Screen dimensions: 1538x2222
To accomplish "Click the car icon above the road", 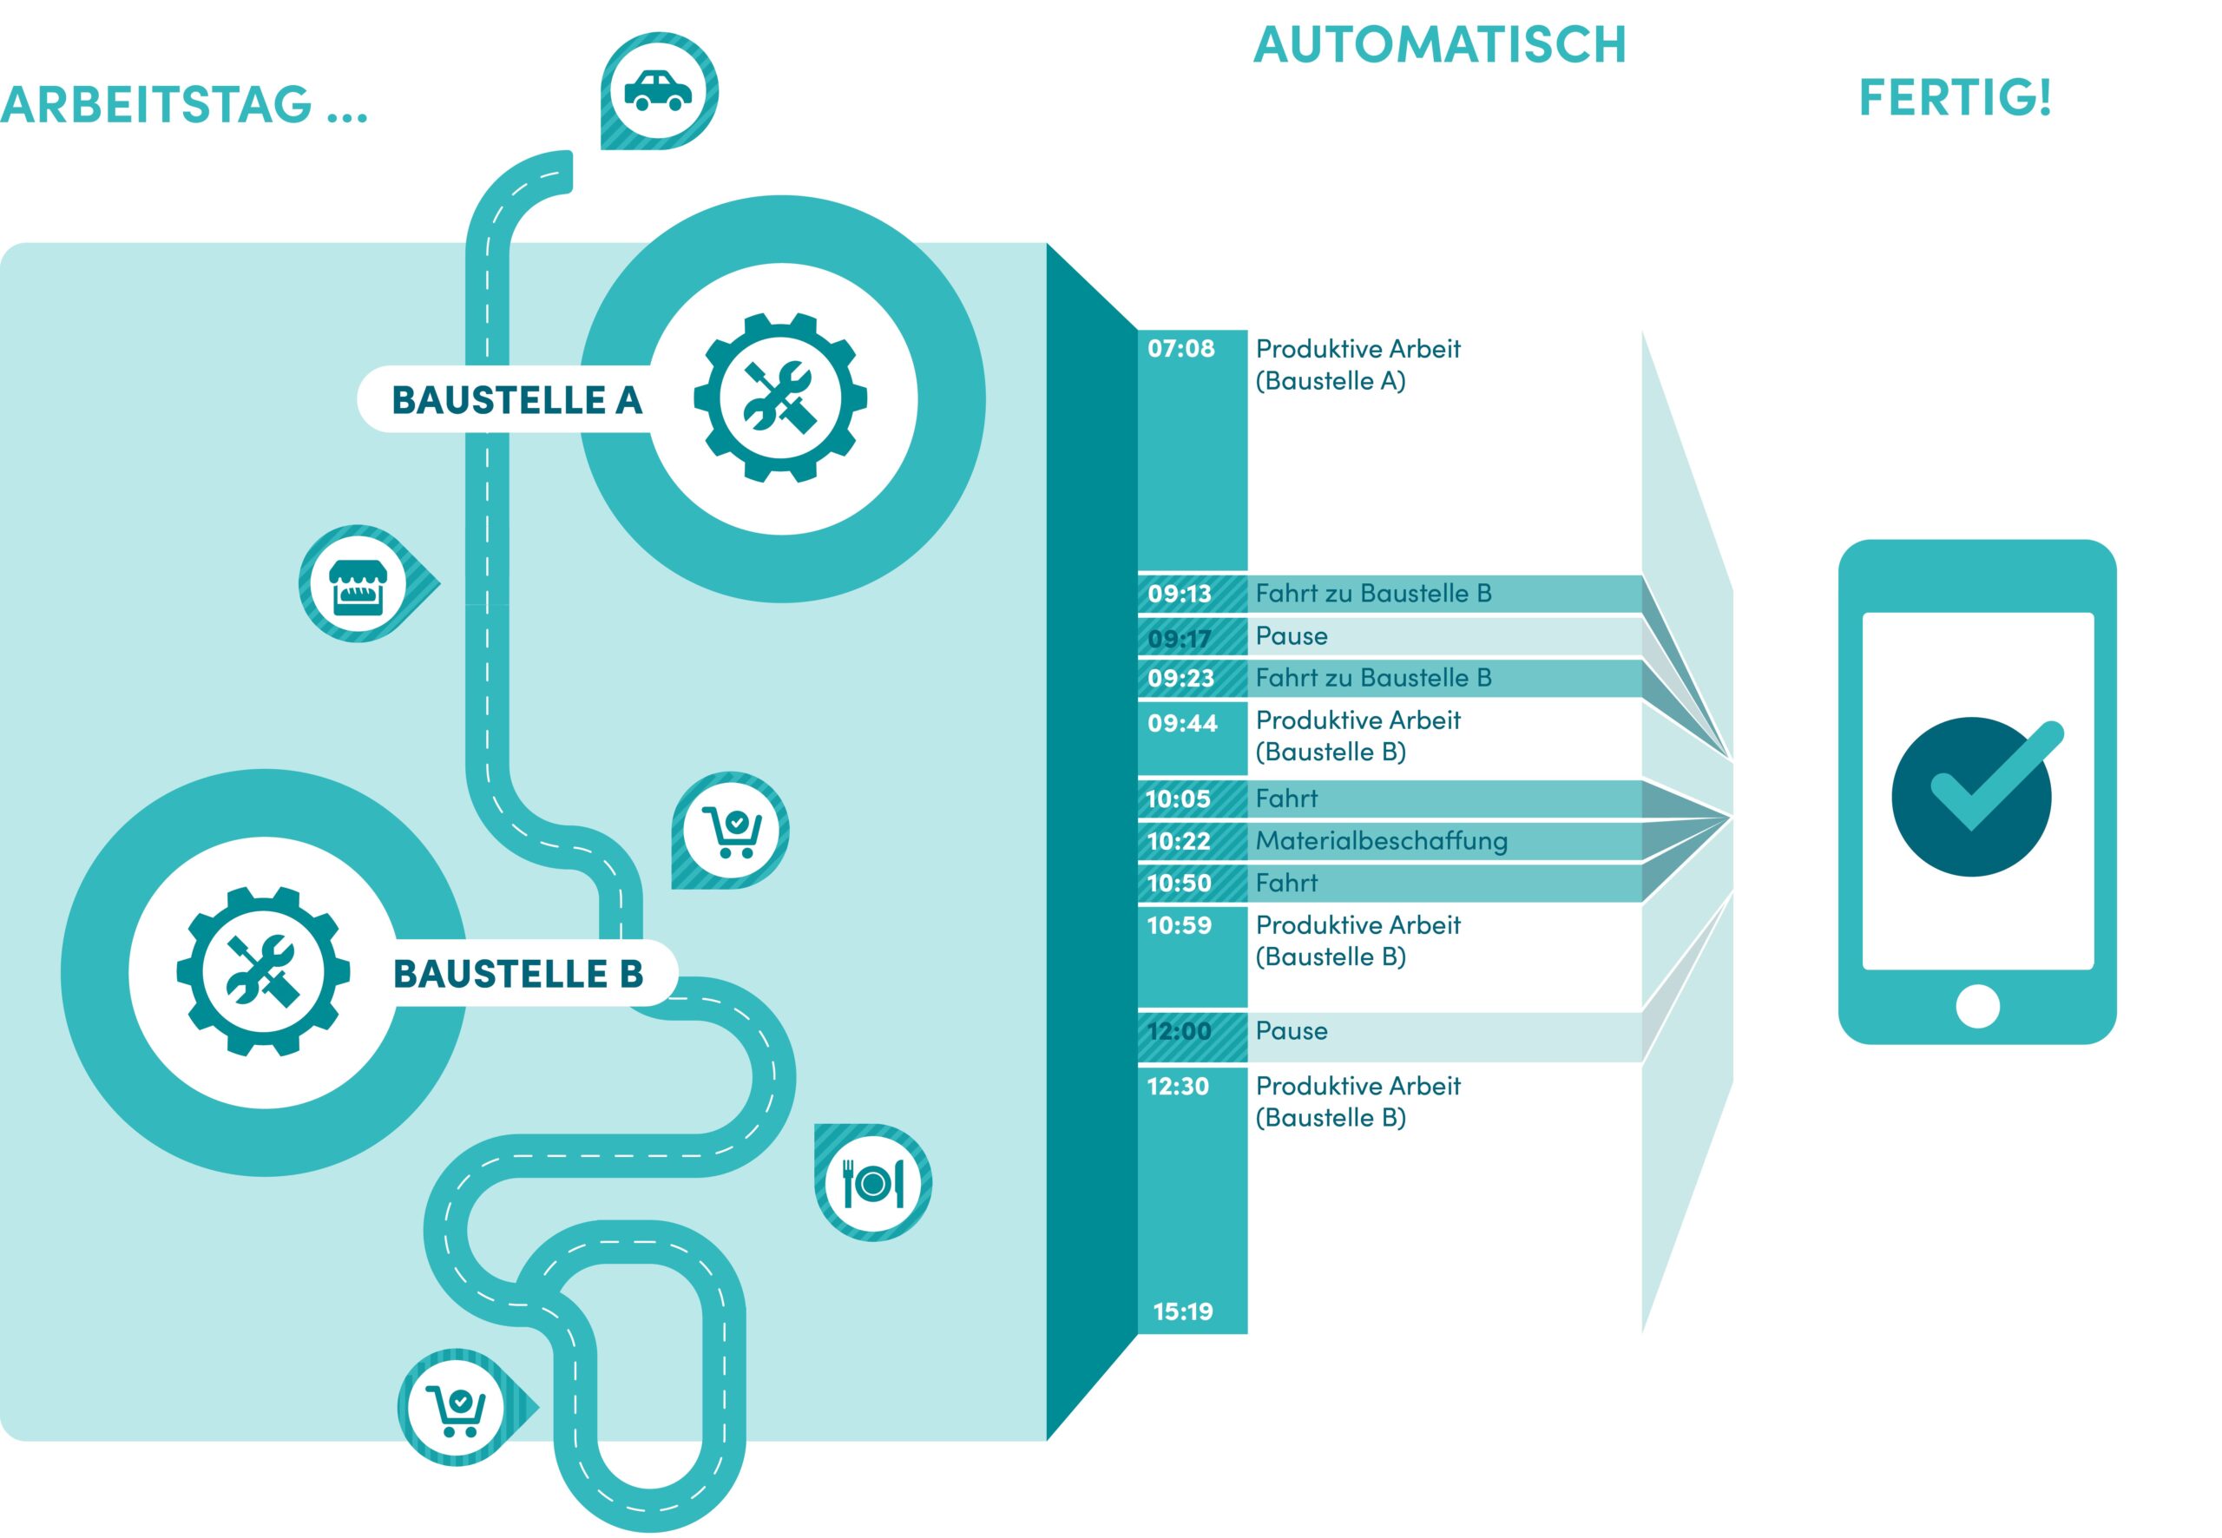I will pos(658,90).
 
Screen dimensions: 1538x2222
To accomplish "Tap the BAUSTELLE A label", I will pos(516,400).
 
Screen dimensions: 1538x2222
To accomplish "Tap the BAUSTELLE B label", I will pos(517,973).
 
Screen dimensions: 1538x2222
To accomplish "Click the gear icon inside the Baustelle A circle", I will pos(780,397).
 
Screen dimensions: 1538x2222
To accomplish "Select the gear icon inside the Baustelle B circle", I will pos(263,970).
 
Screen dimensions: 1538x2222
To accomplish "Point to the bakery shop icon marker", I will pos(358,585).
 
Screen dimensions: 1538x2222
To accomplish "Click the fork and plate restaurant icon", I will pos(873,1182).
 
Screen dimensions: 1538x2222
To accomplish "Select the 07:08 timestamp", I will pos(1180,349).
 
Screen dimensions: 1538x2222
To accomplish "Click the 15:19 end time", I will pos(1182,1311).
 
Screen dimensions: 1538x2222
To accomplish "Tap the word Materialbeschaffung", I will pos(1381,841).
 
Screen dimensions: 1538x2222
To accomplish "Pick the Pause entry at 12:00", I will pos(1292,1031).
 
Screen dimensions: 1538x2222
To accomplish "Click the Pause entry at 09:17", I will pos(1292,636).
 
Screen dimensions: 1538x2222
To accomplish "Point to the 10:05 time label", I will pos(1178,799).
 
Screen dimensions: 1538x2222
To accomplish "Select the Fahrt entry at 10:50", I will pos(1286,883).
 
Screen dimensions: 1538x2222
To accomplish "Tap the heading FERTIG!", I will pos(1954,98).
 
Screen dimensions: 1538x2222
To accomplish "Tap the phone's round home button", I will pos(1977,1006).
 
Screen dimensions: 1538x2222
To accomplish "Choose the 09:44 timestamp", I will pos(1182,724).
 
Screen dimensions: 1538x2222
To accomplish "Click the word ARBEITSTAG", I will pos(156,105).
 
